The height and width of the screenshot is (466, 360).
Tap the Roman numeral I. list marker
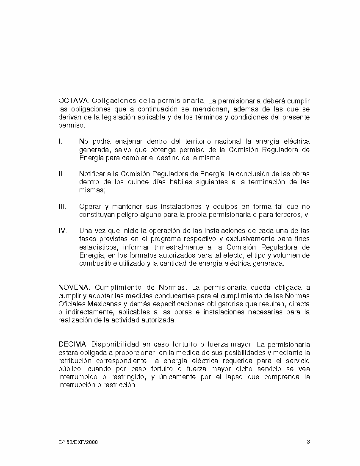click(x=60, y=141)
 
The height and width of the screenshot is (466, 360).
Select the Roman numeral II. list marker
click(x=61, y=174)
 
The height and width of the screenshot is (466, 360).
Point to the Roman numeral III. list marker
click(x=62, y=207)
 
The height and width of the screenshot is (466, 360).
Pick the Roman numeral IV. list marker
click(x=62, y=231)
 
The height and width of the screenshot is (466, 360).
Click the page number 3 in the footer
click(x=308, y=442)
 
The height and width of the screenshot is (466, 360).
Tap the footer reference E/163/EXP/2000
click(x=78, y=442)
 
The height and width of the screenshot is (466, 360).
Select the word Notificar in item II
click(x=93, y=174)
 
